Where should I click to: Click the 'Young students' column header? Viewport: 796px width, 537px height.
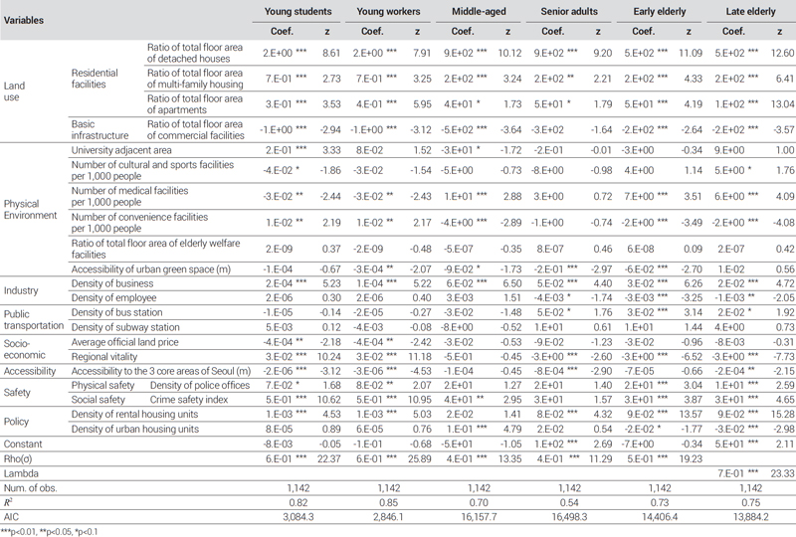pos(298,11)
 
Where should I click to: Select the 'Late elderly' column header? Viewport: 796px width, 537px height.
pos(750,11)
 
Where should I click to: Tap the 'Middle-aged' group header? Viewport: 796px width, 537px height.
pos(479,11)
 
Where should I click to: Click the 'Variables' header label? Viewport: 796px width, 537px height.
pos(23,20)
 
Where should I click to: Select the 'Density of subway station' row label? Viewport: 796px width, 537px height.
pos(125,327)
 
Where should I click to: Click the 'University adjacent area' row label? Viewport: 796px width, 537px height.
pos(121,150)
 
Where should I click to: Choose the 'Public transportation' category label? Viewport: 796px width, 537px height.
pos(34,320)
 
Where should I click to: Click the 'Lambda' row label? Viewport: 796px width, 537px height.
pos(21,473)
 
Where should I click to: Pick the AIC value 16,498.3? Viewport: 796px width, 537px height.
pos(569,517)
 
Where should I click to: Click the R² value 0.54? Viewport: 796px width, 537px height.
pos(569,502)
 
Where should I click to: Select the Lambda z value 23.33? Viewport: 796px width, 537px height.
pos(782,473)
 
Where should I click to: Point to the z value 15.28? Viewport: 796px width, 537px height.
pos(782,415)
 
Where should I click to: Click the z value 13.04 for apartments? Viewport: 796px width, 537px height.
pos(782,104)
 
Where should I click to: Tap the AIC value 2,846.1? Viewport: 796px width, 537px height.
pos(388,517)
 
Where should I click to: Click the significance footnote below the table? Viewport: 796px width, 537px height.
pos(49,532)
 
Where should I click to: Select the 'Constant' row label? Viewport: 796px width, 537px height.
pos(23,445)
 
